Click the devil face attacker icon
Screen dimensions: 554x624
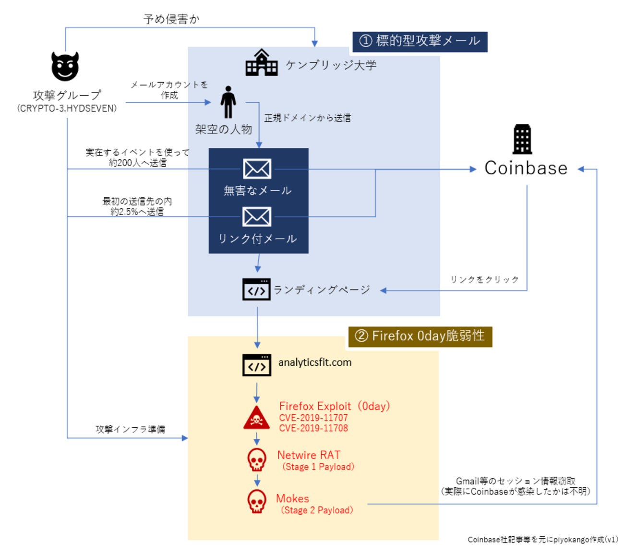pos(65,66)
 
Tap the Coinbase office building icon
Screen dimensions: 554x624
pos(522,139)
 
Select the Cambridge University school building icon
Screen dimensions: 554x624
pos(262,63)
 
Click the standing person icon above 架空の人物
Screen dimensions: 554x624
pos(228,102)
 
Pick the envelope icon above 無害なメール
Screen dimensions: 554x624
pos(257,169)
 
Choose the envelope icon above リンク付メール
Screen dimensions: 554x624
pos(257,217)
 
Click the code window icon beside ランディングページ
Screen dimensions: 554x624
pos(256,289)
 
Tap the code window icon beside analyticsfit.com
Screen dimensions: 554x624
pos(256,365)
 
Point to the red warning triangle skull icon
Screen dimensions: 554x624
pos(256,418)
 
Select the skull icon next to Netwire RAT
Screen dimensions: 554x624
pos(257,460)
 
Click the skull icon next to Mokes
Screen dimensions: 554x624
pos(257,502)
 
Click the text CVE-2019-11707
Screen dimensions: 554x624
pos(313,418)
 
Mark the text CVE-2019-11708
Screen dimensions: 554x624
pos(313,428)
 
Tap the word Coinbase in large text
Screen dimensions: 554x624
pos(526,169)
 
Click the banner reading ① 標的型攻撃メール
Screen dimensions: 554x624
pos(420,41)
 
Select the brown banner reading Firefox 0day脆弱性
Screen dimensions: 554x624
pos(420,336)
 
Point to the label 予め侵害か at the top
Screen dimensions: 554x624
pos(171,19)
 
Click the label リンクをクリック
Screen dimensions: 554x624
pos(484,279)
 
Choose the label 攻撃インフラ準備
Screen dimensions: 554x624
pos(130,429)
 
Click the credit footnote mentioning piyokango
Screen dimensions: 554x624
pos(543,540)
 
